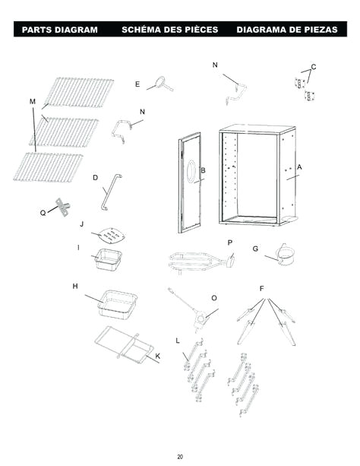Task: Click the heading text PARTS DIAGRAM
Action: [x=60, y=30]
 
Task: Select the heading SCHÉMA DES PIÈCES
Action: [x=169, y=30]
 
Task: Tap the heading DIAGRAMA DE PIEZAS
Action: [x=289, y=30]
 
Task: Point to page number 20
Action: [x=180, y=456]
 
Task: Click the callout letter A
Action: [x=299, y=166]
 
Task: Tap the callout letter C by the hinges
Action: [x=314, y=68]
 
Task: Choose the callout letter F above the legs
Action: [x=262, y=289]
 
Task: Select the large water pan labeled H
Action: [x=118, y=303]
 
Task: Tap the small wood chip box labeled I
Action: [x=108, y=260]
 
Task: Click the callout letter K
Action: [x=157, y=356]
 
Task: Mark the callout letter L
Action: [x=177, y=339]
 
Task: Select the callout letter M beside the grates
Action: [x=32, y=101]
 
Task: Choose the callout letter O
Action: [x=214, y=298]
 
